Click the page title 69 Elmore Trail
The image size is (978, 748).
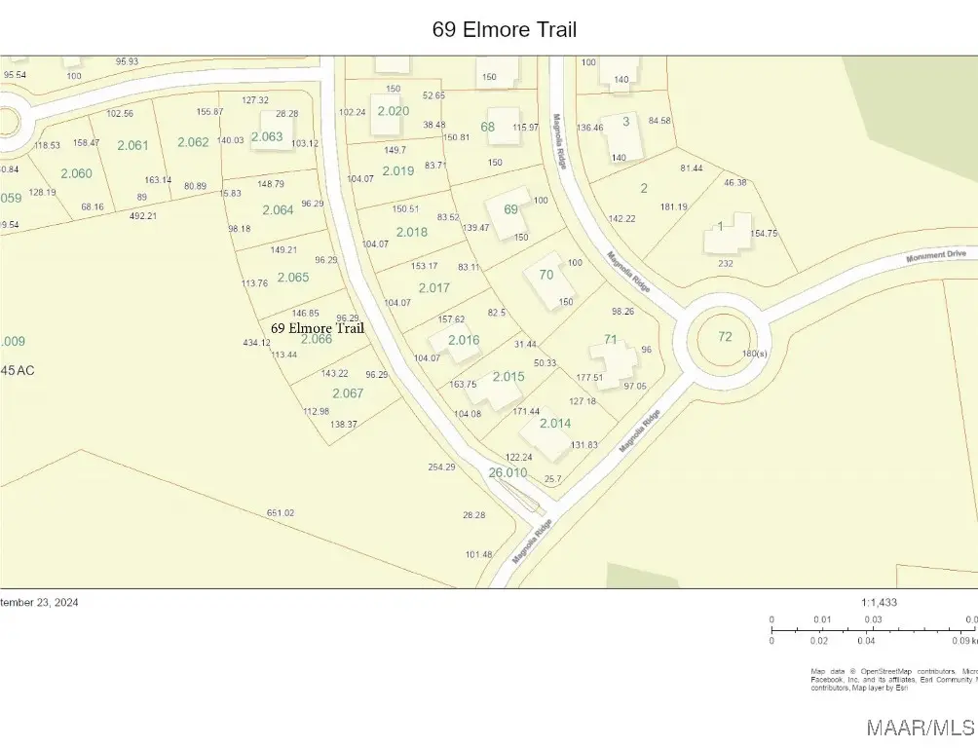tap(504, 30)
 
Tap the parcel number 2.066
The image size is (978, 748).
tap(316, 339)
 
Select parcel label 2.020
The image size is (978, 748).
tap(393, 111)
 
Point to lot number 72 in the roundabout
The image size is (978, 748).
tap(725, 336)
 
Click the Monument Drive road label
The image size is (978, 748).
tap(935, 255)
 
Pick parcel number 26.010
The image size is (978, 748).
tap(508, 472)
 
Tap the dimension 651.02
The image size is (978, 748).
tap(281, 513)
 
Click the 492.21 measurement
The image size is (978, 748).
tap(142, 215)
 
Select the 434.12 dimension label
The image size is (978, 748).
tap(257, 343)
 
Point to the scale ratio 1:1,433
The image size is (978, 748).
tap(880, 602)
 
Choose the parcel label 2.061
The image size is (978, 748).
tap(132, 145)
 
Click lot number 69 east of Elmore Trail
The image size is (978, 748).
tap(510, 209)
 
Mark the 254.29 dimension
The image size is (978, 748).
tap(441, 467)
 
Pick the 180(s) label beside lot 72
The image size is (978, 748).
tap(755, 354)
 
